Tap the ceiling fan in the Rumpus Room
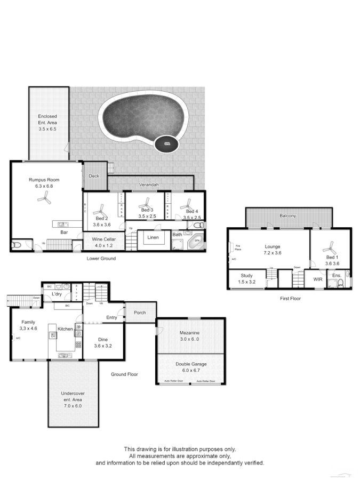[x=44, y=199]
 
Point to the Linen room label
[x=153, y=237]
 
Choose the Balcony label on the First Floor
[x=288, y=215]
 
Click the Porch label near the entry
[x=140, y=313]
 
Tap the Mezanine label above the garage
[x=190, y=332]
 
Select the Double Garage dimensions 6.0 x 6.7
[x=190, y=371]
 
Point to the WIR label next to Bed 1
[x=318, y=279]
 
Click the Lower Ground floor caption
[x=101, y=258]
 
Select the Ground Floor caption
[x=124, y=374]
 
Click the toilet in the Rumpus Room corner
[x=17, y=246]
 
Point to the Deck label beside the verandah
[x=94, y=175]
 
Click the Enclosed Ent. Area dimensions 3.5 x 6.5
[x=47, y=129]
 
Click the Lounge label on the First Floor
[x=273, y=247]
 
